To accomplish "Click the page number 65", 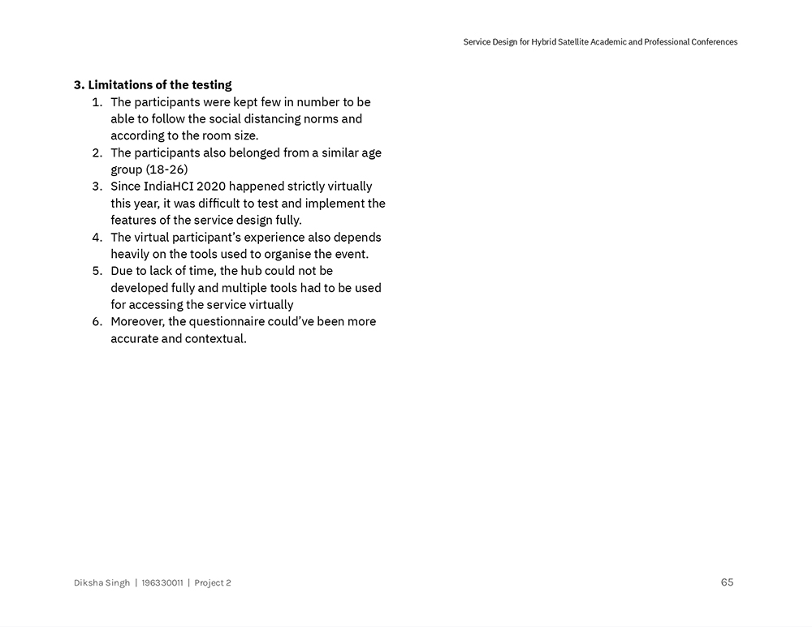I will [x=727, y=582].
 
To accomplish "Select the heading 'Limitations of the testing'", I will [x=159, y=84].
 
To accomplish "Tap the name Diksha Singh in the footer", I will [x=101, y=582].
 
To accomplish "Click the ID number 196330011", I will [x=162, y=582].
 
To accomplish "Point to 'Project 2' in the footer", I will [x=213, y=582].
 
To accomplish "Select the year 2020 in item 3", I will [x=211, y=187].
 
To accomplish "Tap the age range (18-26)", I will [x=166, y=170].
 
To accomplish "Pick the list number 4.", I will [x=97, y=238].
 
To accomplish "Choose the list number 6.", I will [x=97, y=321].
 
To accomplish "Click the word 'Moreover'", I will [x=137, y=321].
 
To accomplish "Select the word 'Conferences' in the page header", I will [x=711, y=42].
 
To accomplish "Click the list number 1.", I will [x=97, y=102].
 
